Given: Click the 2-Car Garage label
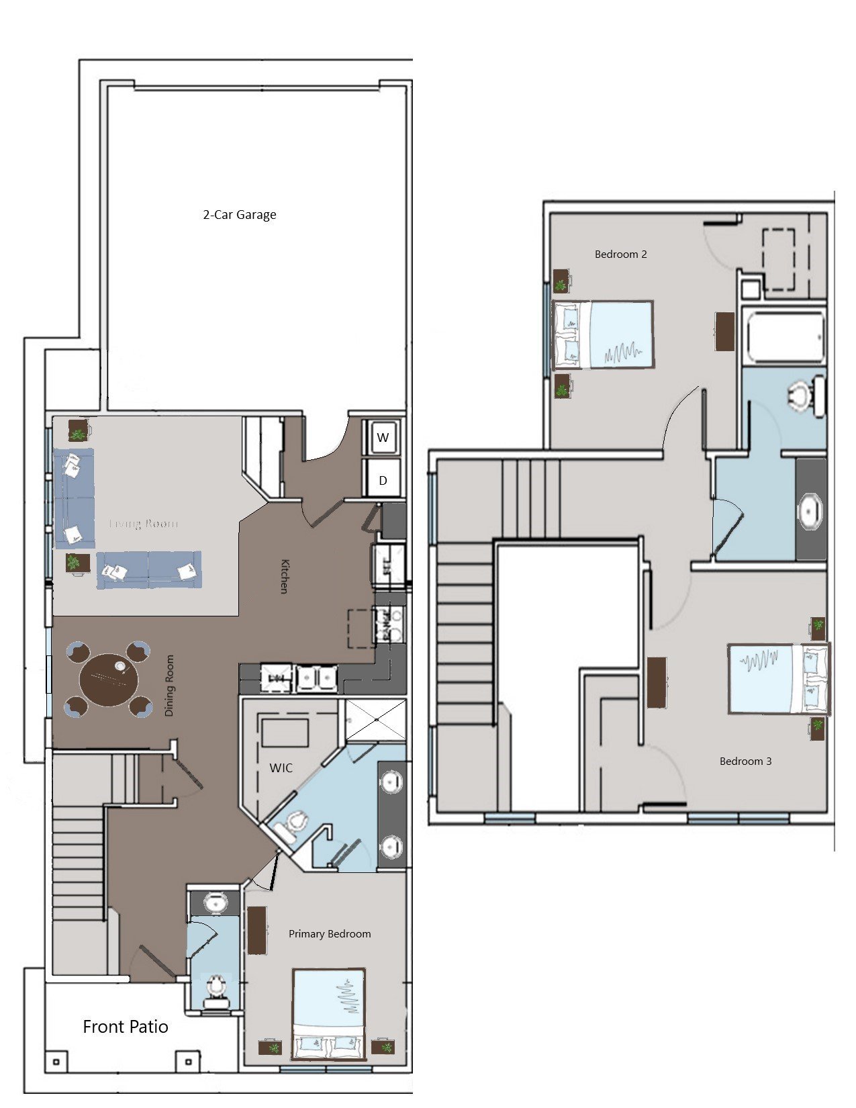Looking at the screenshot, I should [240, 215].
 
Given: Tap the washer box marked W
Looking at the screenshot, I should [383, 437].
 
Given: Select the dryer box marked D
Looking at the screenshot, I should [383, 480].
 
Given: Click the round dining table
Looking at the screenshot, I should [109, 678].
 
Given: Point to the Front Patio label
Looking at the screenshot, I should [126, 1027].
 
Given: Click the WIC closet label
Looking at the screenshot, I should [281, 768].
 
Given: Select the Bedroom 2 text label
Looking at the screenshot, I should [620, 254].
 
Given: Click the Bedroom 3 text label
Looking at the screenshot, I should [745, 761].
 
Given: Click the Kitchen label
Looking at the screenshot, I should [284, 576].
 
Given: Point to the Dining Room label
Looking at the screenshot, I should [169, 685].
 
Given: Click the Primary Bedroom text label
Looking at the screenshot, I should [329, 933].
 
